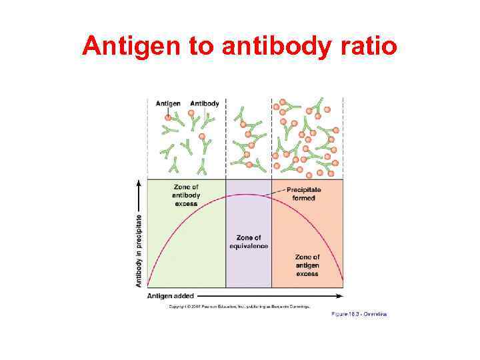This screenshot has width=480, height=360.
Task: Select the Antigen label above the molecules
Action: click(168, 103)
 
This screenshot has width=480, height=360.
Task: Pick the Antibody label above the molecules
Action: click(205, 103)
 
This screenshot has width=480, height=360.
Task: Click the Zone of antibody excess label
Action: click(186, 195)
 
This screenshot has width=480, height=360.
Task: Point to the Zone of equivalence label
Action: click(249, 242)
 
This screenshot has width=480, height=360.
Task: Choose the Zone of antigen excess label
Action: click(307, 265)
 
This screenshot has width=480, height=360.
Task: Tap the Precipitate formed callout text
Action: click(303, 194)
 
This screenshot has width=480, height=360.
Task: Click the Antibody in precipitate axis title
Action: click(139, 250)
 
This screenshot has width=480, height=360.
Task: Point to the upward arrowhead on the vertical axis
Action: click(139, 181)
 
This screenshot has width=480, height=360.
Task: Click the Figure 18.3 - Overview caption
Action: click(359, 314)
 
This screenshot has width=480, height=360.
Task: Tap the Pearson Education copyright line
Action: click(239, 306)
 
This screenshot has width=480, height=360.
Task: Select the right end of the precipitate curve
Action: click(343, 280)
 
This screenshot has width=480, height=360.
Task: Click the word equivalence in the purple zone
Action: click(249, 246)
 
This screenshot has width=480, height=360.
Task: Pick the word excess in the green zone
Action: click(186, 203)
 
